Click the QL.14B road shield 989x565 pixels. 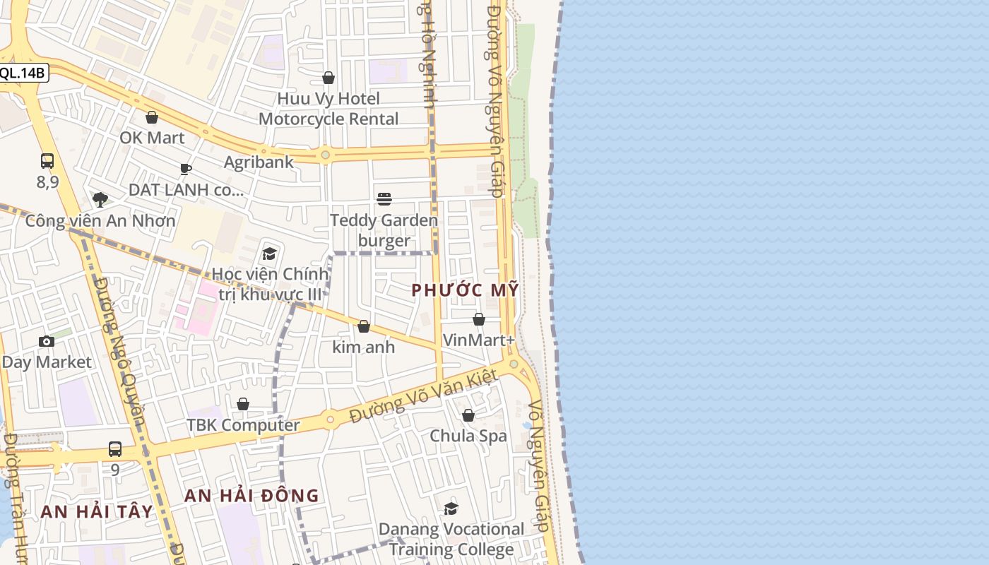(x=23, y=73)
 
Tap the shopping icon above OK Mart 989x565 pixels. (x=152, y=117)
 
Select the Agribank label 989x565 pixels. (x=259, y=162)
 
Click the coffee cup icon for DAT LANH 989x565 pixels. (x=186, y=169)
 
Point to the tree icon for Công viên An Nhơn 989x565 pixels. (x=100, y=200)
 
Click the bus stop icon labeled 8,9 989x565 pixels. (x=47, y=161)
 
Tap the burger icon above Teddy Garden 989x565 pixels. (x=384, y=199)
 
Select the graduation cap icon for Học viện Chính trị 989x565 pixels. (x=269, y=254)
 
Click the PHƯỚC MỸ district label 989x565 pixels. (x=466, y=290)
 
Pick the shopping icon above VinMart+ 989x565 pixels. (x=479, y=319)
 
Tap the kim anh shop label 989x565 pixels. (x=364, y=347)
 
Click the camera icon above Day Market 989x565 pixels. (x=47, y=342)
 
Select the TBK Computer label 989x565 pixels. (x=243, y=425)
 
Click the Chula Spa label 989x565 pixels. (x=468, y=436)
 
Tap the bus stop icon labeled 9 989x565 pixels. (x=115, y=449)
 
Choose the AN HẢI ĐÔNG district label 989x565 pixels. (x=251, y=496)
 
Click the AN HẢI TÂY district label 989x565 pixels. (x=97, y=511)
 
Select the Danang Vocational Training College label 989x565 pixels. (x=451, y=539)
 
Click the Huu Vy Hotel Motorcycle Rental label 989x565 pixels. (x=328, y=108)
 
